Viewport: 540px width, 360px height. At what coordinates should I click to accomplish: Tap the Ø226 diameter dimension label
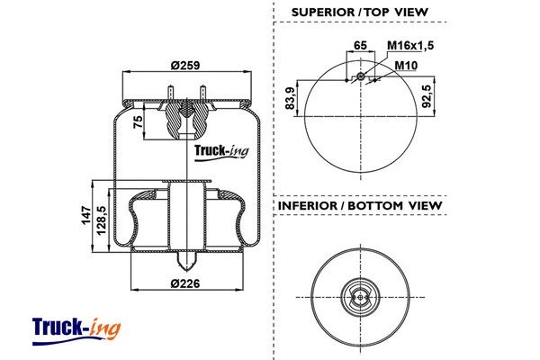[x=185, y=285]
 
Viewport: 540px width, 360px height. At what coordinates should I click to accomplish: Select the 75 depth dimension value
[x=138, y=123]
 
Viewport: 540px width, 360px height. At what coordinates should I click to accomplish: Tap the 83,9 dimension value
[x=289, y=97]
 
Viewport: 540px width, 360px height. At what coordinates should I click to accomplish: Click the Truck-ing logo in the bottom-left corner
[x=76, y=327]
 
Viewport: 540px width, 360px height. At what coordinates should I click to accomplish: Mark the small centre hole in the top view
[x=361, y=77]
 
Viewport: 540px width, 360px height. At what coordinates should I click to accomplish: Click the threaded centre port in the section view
[x=185, y=117]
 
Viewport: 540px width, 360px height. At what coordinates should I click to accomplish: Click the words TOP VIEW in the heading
[x=397, y=13]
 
